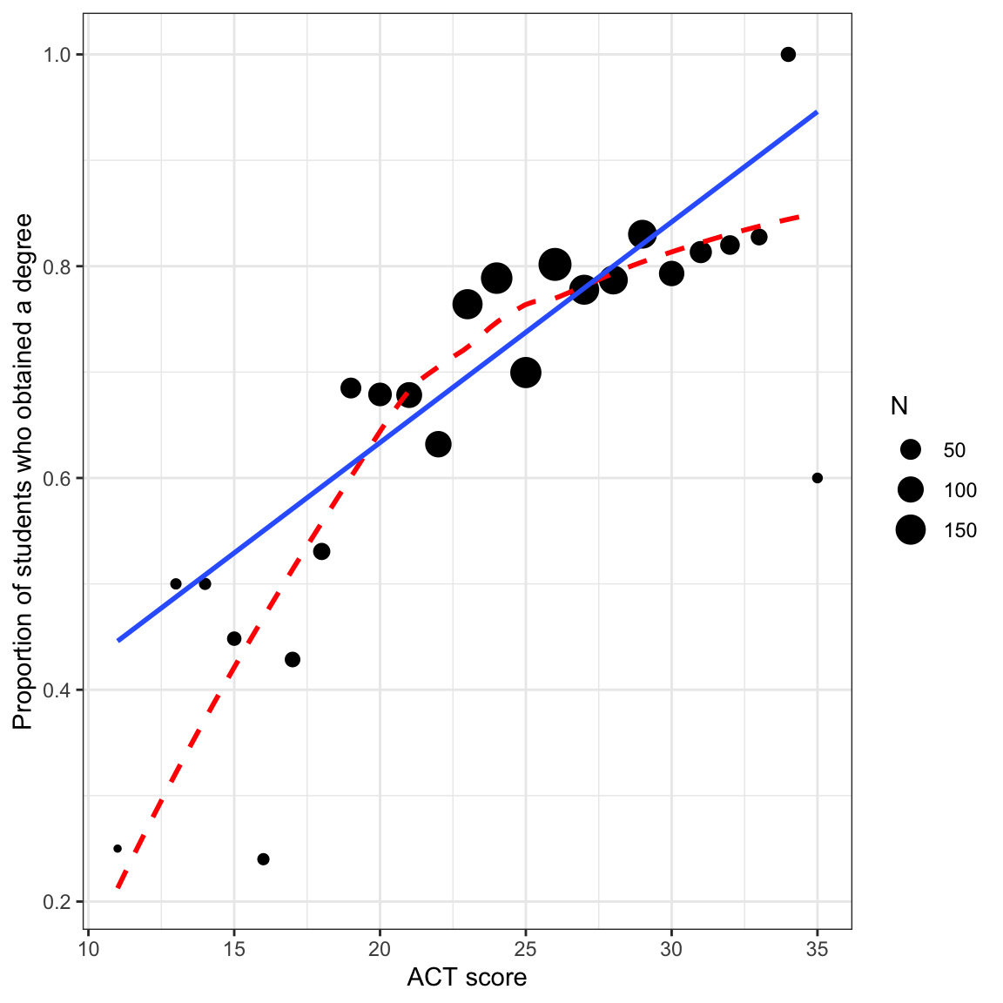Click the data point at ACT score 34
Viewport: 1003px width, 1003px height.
[788, 54]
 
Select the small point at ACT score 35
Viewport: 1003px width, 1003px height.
[817, 478]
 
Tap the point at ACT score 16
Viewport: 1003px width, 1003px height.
[263, 859]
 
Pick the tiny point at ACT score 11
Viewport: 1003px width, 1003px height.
[118, 848]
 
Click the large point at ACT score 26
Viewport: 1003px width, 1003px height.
[555, 264]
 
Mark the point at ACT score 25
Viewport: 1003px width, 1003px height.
[526, 373]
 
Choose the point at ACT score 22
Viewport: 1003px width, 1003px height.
[438, 444]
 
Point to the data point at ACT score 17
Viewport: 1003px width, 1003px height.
[293, 659]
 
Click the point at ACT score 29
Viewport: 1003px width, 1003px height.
[643, 234]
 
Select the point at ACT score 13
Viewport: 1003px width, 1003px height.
[176, 583]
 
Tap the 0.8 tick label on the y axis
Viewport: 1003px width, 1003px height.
[57, 266]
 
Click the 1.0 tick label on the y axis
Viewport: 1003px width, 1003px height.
[57, 55]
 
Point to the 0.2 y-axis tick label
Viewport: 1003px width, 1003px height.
[57, 902]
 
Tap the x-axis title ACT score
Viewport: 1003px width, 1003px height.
[467, 978]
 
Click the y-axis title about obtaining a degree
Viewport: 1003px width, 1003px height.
[24, 471]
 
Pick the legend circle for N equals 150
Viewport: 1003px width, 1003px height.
[911, 529]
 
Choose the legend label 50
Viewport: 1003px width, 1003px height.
[954, 450]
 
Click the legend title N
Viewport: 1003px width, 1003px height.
[899, 406]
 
